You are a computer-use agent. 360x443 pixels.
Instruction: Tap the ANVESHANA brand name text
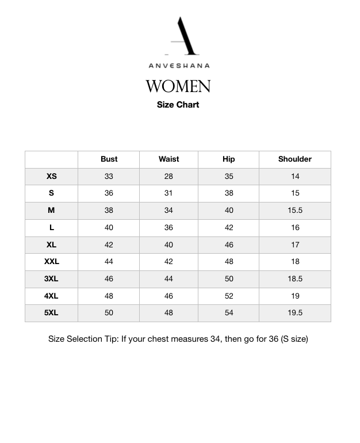(179, 66)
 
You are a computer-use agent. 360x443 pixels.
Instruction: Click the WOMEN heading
(178, 86)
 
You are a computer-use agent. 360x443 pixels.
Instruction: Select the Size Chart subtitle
(178, 105)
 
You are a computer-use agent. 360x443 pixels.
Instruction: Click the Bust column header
(109, 159)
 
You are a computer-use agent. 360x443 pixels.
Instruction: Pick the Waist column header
(168, 159)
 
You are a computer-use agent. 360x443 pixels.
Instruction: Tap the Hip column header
(229, 159)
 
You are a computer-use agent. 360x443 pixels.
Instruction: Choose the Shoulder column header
(295, 159)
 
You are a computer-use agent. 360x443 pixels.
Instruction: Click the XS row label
(52, 177)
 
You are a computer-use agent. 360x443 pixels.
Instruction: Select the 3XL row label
(52, 279)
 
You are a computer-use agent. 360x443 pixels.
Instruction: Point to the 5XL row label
(52, 313)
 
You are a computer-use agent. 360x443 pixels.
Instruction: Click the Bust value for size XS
(109, 177)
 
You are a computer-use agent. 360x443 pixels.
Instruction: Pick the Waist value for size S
(168, 193)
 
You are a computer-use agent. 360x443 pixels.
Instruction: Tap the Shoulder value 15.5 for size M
(295, 211)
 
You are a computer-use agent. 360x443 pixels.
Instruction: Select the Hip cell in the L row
(229, 228)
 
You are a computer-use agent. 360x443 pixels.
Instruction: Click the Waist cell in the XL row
(168, 245)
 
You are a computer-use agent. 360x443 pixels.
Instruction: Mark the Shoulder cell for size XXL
(295, 262)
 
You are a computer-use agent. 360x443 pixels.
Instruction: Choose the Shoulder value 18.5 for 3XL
(295, 279)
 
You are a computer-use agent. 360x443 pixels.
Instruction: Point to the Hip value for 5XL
(229, 313)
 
